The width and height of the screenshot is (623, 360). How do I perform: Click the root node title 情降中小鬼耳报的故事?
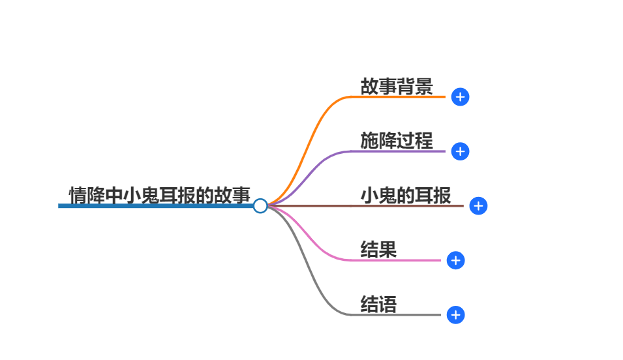pyautogui.click(x=160, y=195)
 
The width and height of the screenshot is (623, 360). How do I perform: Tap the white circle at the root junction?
pyautogui.click(x=260, y=206)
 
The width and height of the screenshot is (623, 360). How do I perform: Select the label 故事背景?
pyautogui.click(x=397, y=87)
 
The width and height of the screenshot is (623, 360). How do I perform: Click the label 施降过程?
pyautogui.click(x=397, y=140)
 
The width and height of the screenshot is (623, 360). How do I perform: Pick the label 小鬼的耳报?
pyautogui.click(x=406, y=195)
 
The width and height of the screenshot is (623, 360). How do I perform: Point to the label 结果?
pyautogui.click(x=378, y=249)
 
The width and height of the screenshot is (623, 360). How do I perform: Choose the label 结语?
pyautogui.click(x=378, y=304)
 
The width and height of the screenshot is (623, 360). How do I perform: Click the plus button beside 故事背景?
pyautogui.click(x=460, y=97)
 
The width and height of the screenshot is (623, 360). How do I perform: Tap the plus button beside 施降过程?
pyautogui.click(x=460, y=151)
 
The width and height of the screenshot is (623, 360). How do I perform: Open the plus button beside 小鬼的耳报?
pyautogui.click(x=478, y=206)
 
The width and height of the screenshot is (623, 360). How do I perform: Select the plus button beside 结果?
pyautogui.click(x=455, y=260)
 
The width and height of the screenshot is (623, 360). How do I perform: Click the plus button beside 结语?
pyautogui.click(x=455, y=315)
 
